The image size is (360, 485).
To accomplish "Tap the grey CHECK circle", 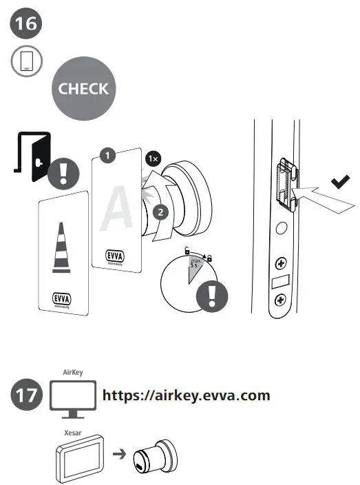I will pos(83,89).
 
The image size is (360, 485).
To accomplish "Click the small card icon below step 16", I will pos(27,61).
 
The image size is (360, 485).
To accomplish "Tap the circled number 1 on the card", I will pos(106,156).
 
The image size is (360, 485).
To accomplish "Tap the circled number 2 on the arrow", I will pos(160,212).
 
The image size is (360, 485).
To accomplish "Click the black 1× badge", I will pos(152,158).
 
